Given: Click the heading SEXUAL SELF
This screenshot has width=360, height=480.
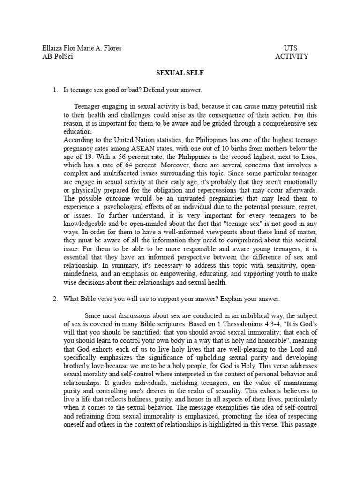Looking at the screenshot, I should tap(180, 73).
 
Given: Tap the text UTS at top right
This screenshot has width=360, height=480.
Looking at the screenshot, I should tap(291, 48).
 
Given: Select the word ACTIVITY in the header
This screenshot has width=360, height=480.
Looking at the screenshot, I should tap(292, 57).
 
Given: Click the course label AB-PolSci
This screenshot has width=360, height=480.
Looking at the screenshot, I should tap(58, 57).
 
